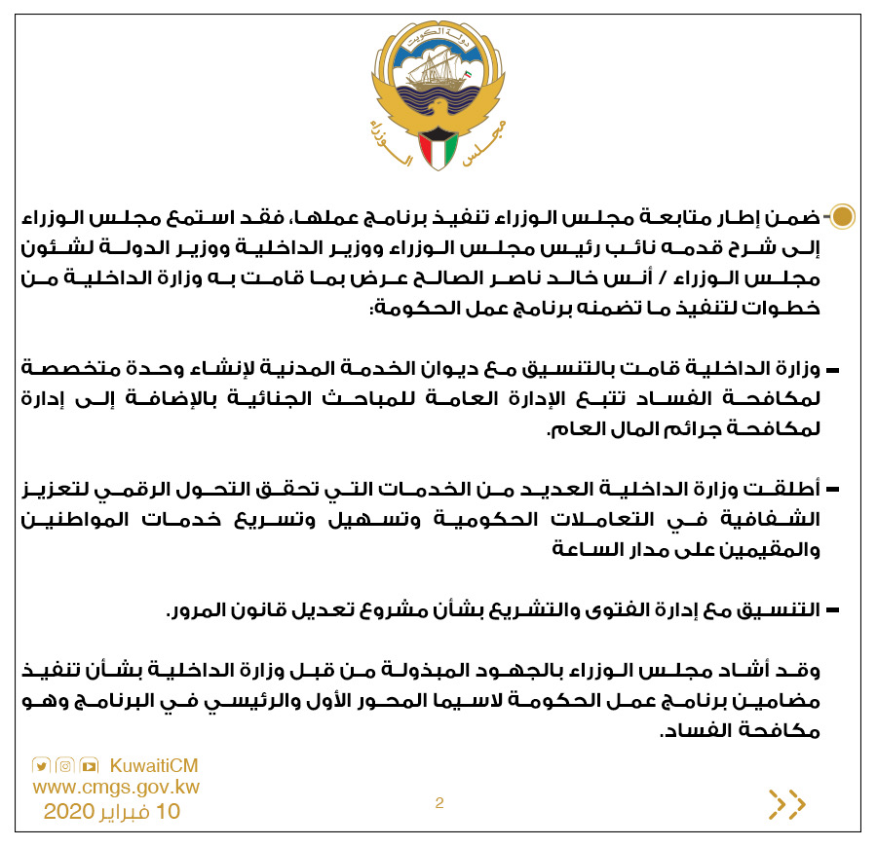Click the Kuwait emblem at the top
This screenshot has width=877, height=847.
point(438,97)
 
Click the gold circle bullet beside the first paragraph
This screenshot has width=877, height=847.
point(842,216)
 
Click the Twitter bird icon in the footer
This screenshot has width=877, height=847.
point(41,765)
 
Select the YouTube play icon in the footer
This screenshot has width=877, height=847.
point(90,765)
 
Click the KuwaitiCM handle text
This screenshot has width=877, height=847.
point(154,766)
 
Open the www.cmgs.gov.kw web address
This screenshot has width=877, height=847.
point(116,787)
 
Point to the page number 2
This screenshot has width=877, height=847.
point(439,803)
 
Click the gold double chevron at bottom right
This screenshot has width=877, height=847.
point(787,804)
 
